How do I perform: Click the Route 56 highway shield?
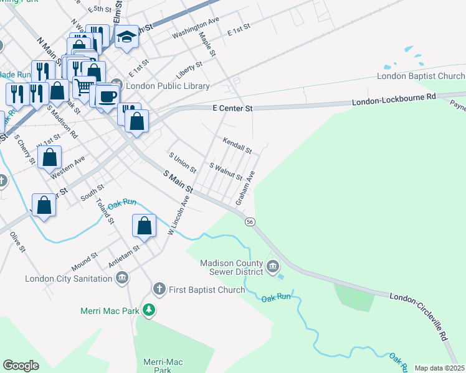click(250, 221)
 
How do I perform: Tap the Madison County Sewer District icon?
click(273, 267)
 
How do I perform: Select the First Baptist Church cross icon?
click(159, 289)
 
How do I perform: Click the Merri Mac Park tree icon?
click(148, 310)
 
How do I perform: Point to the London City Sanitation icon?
click(122, 278)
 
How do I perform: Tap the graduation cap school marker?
click(127, 38)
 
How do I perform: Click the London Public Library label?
click(168, 86)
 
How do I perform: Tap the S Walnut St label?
click(225, 171)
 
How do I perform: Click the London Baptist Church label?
click(421, 76)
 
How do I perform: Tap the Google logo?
click(21, 365)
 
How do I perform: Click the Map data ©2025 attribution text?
click(439, 368)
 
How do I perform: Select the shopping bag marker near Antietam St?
click(145, 226)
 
